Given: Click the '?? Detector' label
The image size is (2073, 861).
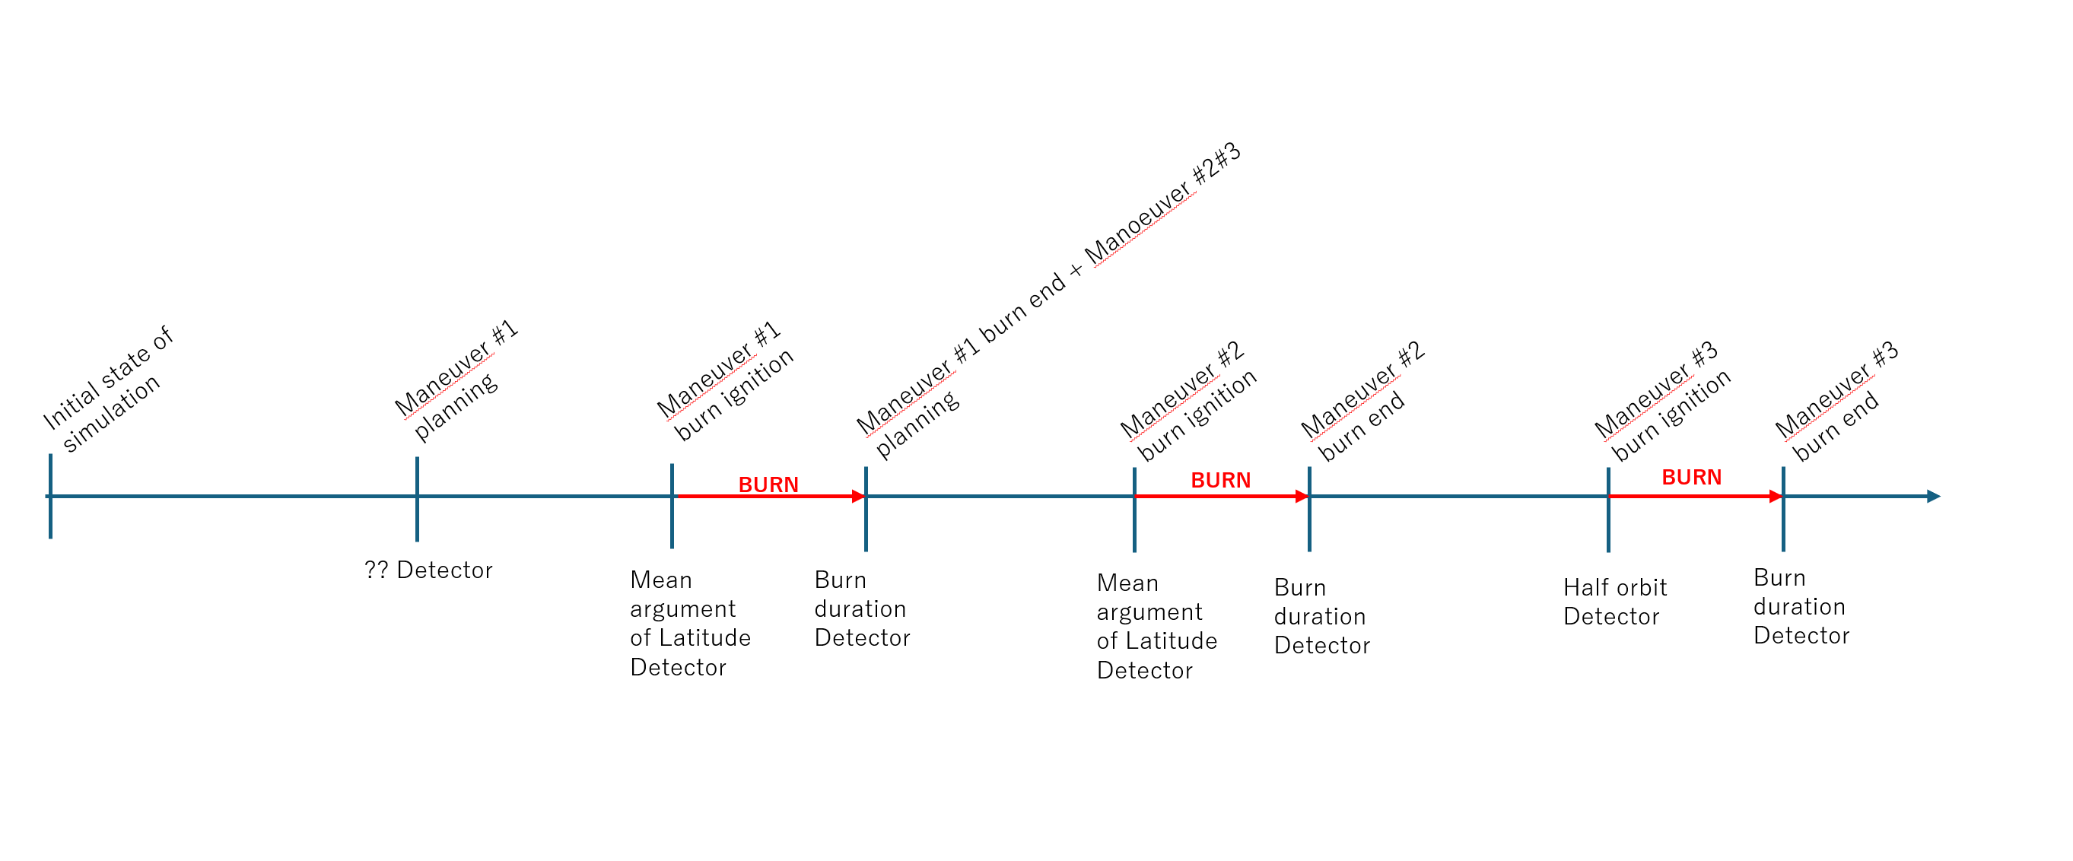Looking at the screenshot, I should (x=428, y=570).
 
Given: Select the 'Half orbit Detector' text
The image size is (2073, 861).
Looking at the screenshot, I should (x=1614, y=602).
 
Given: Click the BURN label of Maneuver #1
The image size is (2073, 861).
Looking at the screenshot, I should (x=768, y=485).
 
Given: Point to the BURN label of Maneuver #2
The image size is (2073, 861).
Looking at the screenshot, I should (x=1220, y=481).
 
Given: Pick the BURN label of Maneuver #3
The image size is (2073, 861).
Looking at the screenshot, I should (x=1692, y=477).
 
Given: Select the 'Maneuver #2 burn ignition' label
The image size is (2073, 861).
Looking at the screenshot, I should (x=1188, y=402).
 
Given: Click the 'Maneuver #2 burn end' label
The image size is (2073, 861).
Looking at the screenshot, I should (x=1362, y=402).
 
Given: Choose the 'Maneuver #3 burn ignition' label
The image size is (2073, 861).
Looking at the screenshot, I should (x=1661, y=402).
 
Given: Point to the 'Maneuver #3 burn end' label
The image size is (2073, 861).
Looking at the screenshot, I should (x=1836, y=402).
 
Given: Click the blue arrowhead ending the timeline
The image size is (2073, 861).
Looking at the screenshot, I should (x=1934, y=497).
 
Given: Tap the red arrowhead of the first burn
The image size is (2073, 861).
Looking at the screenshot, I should (x=859, y=497).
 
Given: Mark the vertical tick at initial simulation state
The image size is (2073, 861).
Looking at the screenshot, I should (x=50, y=497).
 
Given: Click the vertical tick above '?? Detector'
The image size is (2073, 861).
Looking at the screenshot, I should (x=417, y=499).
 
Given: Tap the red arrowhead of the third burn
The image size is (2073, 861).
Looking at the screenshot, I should (x=1776, y=497).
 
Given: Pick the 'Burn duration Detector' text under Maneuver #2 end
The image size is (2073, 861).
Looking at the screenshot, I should (x=1321, y=616).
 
